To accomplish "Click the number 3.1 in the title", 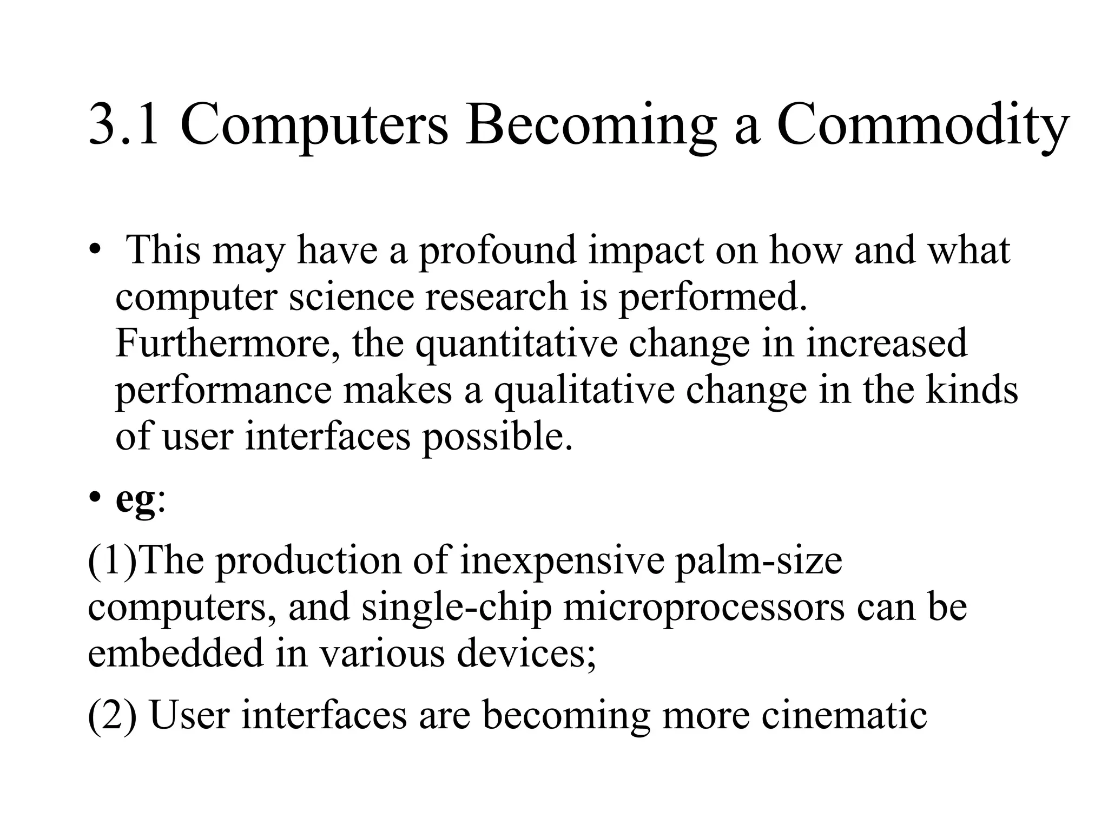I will click(x=123, y=126).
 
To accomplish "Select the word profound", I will click(x=497, y=251).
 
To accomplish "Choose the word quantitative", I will click(x=516, y=345).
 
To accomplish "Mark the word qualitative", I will click(x=584, y=391).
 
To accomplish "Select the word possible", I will click(x=497, y=437).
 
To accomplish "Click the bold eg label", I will click(x=135, y=500).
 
